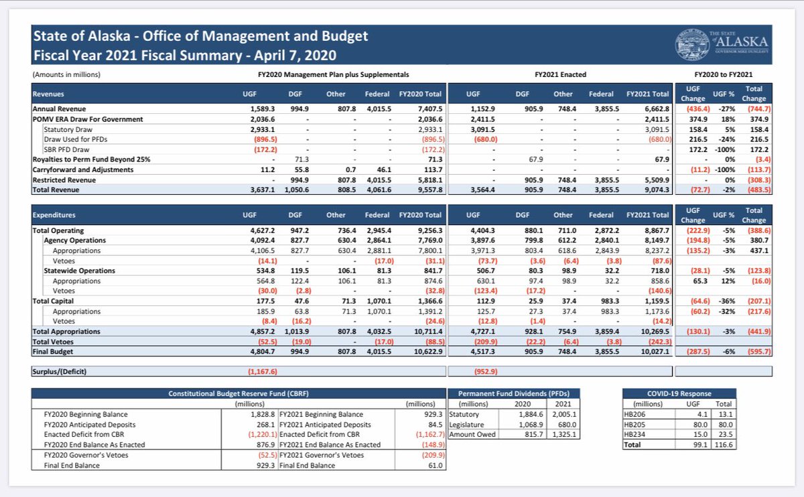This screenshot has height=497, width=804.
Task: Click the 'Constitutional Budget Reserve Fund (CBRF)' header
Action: coord(238,394)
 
